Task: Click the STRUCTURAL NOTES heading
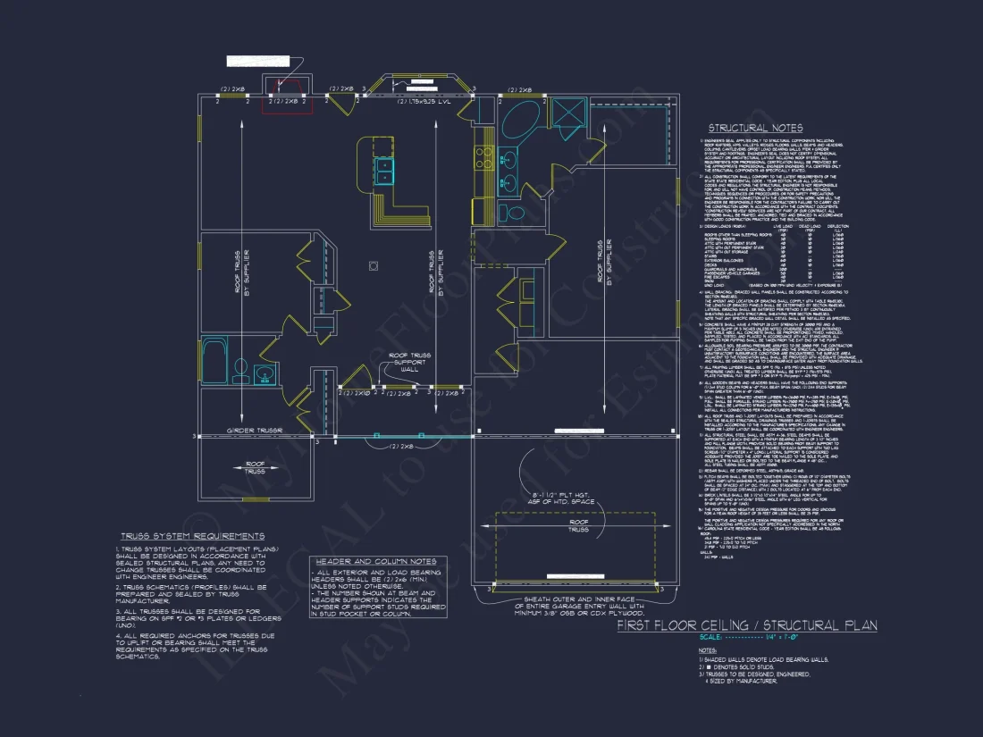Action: coord(755,129)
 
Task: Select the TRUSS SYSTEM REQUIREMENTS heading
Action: coord(191,536)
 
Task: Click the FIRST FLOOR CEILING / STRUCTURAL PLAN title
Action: coord(747,625)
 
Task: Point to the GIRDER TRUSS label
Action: coord(255,431)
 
